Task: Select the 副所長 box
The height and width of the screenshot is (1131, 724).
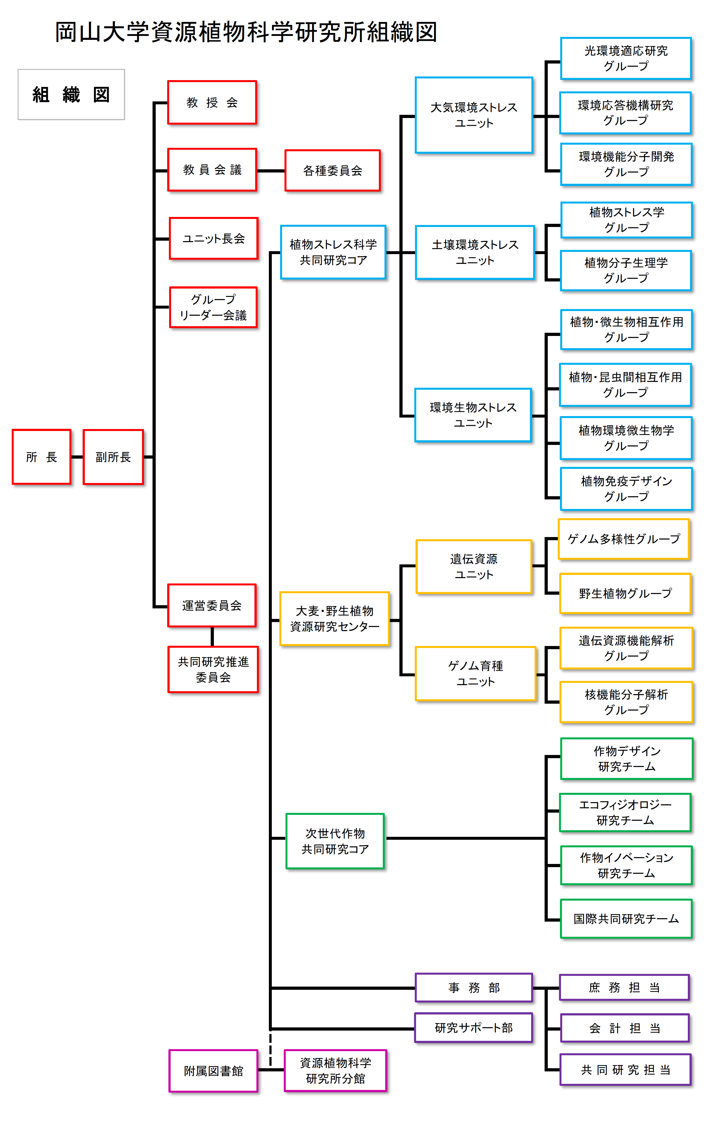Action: pyautogui.click(x=113, y=457)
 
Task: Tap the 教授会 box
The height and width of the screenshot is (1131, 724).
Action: pyautogui.click(x=212, y=102)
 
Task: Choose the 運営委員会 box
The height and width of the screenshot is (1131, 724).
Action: pyautogui.click(x=212, y=605)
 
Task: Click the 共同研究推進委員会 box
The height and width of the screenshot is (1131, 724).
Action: pyautogui.click(x=213, y=669)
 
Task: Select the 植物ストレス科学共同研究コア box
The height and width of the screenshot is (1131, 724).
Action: pyautogui.click(x=333, y=252)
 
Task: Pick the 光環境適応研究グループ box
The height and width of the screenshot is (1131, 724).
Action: pyautogui.click(x=626, y=58)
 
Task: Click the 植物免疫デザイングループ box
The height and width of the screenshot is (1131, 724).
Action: pyautogui.click(x=626, y=489)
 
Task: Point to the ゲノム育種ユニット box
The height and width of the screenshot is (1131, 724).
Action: pyautogui.click(x=475, y=673)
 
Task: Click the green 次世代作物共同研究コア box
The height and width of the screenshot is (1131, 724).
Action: pyautogui.click(x=335, y=841)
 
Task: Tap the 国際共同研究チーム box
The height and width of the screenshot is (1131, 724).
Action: pyautogui.click(x=626, y=919)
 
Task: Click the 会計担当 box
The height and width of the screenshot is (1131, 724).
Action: pyautogui.click(x=625, y=1028)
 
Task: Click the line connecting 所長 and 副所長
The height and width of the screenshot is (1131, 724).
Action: pyautogui.click(x=77, y=457)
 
